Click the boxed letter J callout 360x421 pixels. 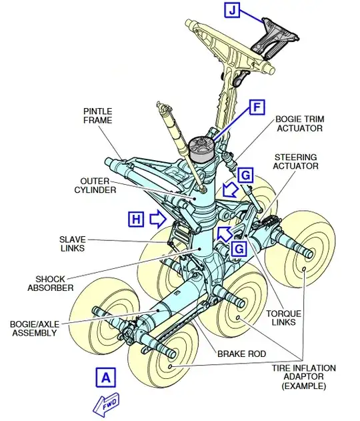(x=232, y=10)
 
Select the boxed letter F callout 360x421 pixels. (x=257, y=107)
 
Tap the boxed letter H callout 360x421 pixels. (x=136, y=220)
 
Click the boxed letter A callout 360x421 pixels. (x=106, y=378)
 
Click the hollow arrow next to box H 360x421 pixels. (x=158, y=219)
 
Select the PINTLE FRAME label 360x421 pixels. (x=97, y=115)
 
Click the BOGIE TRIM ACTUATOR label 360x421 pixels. (x=300, y=123)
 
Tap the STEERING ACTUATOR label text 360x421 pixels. (x=295, y=161)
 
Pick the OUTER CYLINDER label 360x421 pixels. (x=95, y=185)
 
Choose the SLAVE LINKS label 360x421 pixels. (x=73, y=244)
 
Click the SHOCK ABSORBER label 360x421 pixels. (x=51, y=284)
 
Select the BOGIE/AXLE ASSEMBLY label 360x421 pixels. (x=35, y=328)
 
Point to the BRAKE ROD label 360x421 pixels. (x=242, y=354)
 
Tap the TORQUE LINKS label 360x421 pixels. (x=284, y=318)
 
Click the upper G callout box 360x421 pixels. (x=245, y=175)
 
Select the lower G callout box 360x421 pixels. (x=239, y=249)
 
